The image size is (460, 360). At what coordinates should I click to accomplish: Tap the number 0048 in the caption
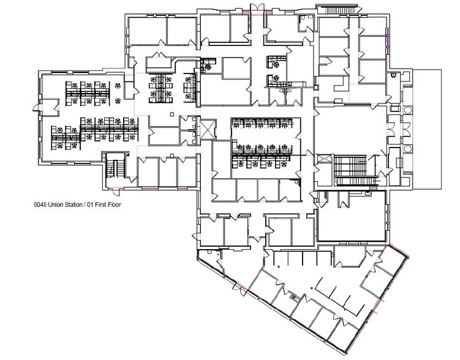(38, 205)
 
